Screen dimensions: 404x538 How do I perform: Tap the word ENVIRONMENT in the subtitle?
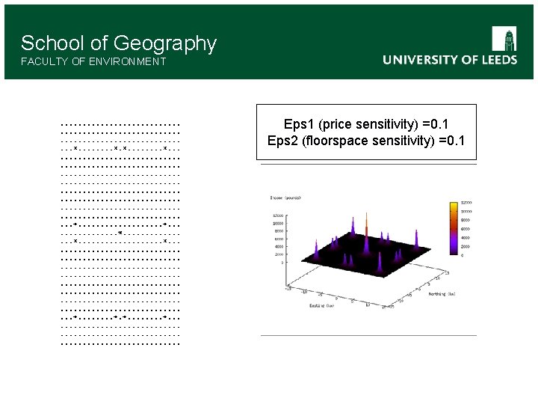click(128, 61)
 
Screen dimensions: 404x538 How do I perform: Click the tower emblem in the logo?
click(504, 39)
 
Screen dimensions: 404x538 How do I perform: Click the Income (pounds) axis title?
click(285, 198)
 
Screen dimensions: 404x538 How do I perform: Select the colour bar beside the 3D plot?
click(453, 229)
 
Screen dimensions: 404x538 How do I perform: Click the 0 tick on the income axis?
click(281, 263)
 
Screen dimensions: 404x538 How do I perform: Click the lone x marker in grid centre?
click(120, 233)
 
